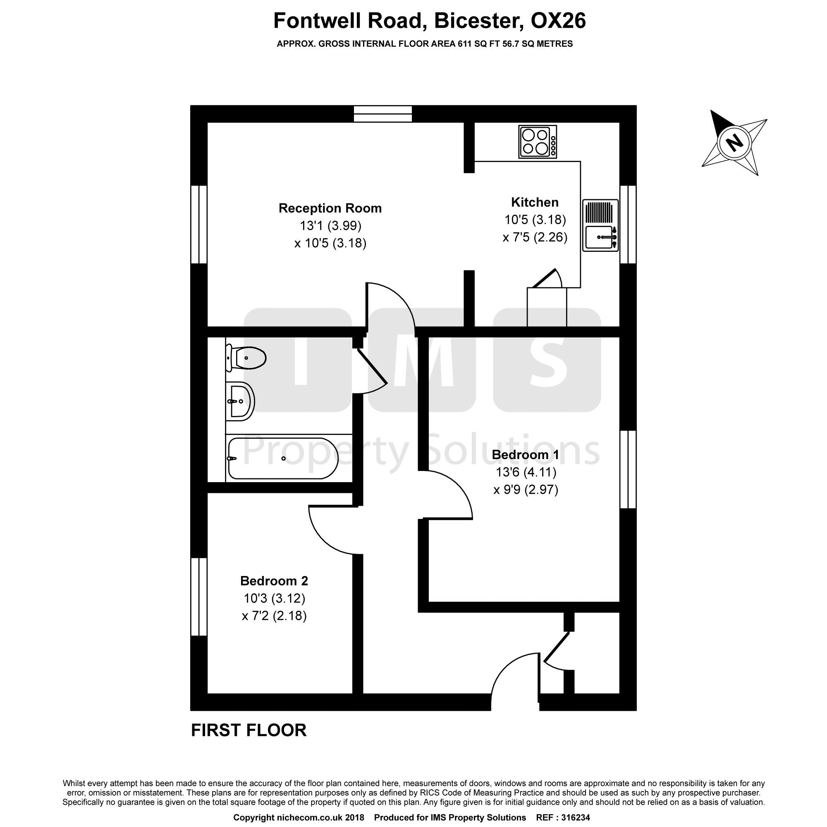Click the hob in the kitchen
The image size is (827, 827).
click(x=538, y=142)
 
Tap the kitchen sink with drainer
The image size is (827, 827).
click(x=600, y=225)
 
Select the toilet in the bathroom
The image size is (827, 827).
click(x=246, y=358)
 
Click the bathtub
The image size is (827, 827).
click(x=282, y=459)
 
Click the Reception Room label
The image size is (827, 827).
click(x=330, y=208)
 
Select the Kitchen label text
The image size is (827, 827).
click(x=535, y=202)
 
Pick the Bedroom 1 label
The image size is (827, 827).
click(x=525, y=454)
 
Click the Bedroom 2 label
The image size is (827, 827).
click(x=274, y=581)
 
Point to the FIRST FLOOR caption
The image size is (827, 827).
click(x=249, y=730)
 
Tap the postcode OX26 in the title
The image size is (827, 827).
click(x=558, y=21)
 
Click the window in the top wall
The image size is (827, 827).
click(x=382, y=114)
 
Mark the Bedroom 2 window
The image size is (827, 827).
click(x=199, y=596)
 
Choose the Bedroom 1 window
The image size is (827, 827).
click(x=628, y=469)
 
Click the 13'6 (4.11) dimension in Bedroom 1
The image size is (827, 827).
click(x=526, y=472)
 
